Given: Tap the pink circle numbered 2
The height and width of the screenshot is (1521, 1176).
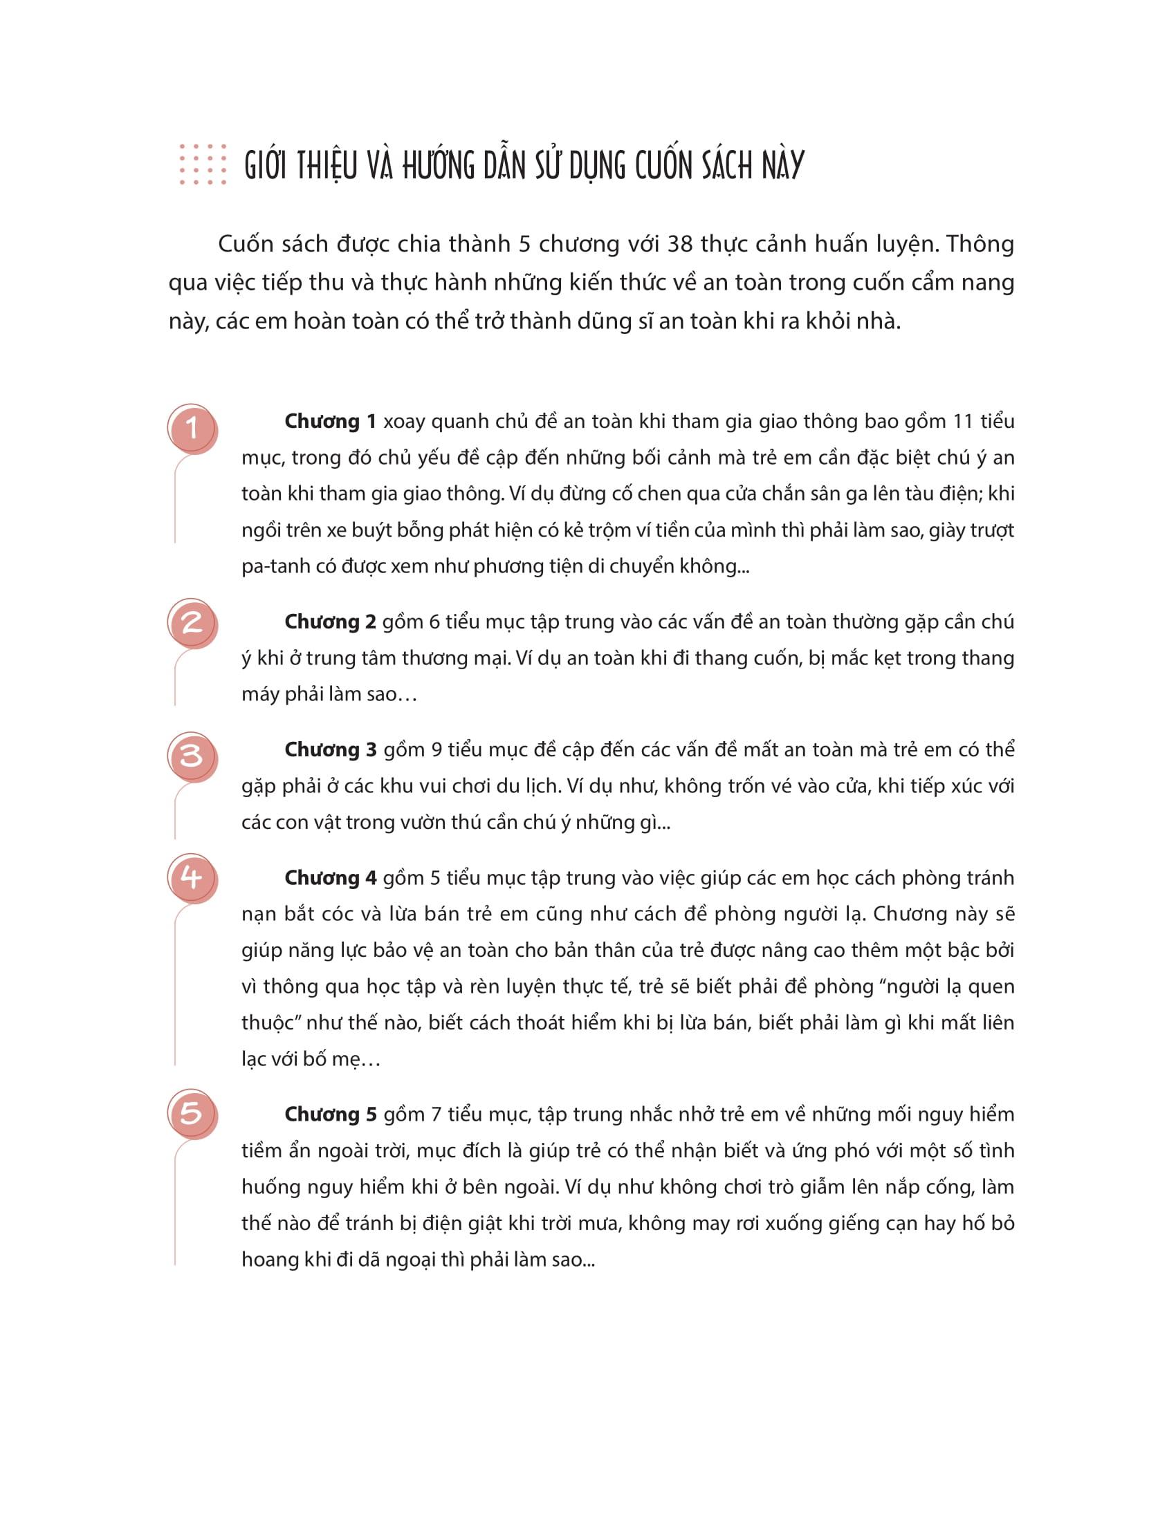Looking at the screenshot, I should pyautogui.click(x=192, y=623).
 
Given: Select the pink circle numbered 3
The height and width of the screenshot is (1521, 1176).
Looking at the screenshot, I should pyautogui.click(x=192, y=756).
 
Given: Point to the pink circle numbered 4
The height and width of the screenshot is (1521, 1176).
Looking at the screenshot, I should pyautogui.click(x=192, y=877).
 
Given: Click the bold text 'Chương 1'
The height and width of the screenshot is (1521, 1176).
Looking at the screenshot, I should pyautogui.click(x=330, y=421).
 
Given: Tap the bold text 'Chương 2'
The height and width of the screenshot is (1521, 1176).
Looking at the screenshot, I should pyautogui.click(x=330, y=622).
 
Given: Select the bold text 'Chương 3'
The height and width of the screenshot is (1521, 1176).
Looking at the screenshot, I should pyautogui.click(x=330, y=750).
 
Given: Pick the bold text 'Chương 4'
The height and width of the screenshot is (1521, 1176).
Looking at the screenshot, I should pyautogui.click(x=330, y=878).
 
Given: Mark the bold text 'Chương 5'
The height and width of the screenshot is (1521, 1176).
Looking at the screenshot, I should pyautogui.click(x=330, y=1114).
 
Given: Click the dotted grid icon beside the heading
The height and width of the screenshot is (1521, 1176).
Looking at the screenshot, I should pyautogui.click(x=203, y=165).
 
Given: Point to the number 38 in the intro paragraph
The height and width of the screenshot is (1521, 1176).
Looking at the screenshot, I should pyautogui.click(x=680, y=245).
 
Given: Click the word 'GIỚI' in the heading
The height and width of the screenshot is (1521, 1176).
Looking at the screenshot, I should pyautogui.click(x=266, y=166).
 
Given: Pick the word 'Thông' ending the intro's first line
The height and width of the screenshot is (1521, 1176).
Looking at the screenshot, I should pyautogui.click(x=980, y=245).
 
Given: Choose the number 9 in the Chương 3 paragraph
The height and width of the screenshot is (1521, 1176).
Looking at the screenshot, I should pyautogui.click(x=437, y=750).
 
